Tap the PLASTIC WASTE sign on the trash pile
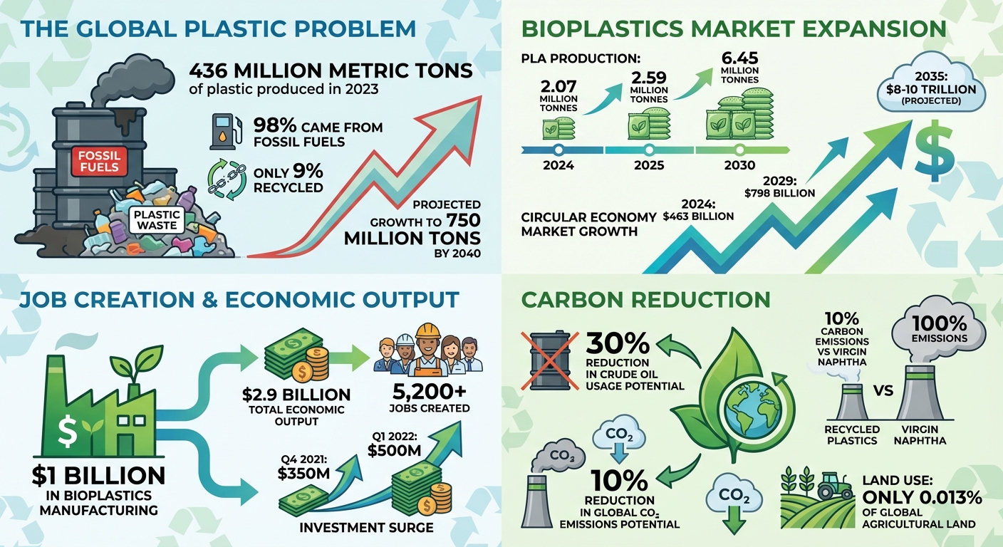(x=156, y=219)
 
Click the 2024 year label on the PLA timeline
(x=558, y=165)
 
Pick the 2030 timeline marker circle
(x=739, y=150)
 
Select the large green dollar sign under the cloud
(x=931, y=152)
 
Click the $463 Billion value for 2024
(x=698, y=215)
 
